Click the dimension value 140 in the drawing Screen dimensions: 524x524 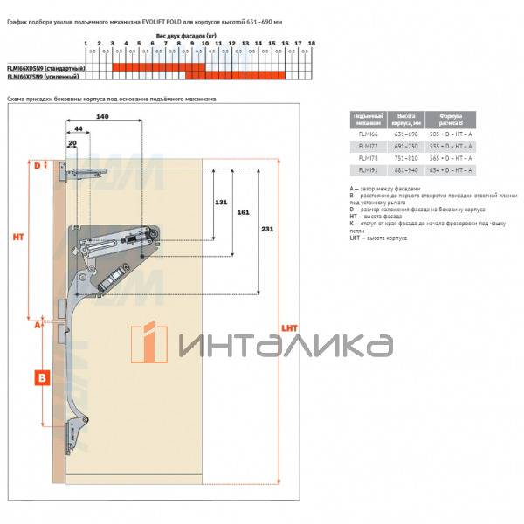[x=102, y=116]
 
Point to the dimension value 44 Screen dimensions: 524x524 [x=79, y=129]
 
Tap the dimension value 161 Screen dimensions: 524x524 [x=243, y=212]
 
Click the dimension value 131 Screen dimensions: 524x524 [x=221, y=203]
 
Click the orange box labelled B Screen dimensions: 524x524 [x=41, y=378]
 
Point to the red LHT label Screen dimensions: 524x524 [x=290, y=327]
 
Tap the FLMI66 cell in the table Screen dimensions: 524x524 [x=361, y=134]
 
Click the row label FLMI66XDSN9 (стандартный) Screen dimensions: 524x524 [x=45, y=67]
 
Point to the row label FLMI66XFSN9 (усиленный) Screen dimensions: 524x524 [x=43, y=76]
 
